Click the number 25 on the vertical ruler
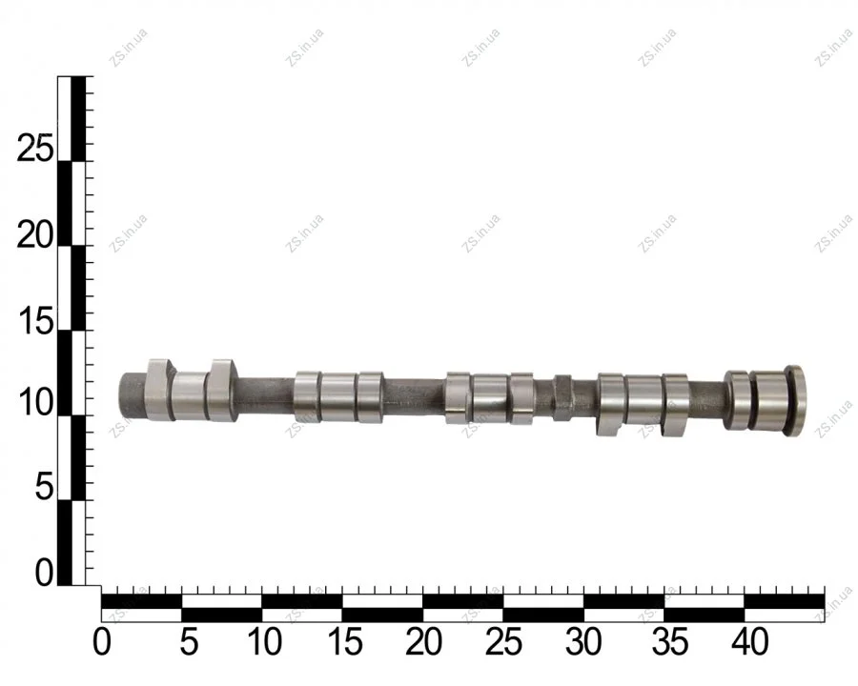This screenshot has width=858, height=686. [35, 148]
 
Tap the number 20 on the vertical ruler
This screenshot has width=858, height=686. [35, 235]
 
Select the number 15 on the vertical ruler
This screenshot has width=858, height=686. [36, 320]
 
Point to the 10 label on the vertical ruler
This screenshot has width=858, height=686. [36, 403]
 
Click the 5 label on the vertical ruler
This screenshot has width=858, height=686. [45, 487]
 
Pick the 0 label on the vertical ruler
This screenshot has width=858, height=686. [45, 573]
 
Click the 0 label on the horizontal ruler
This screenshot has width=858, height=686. [101, 641]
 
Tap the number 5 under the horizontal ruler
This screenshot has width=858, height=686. [189, 641]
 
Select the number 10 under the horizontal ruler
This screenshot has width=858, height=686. [265, 641]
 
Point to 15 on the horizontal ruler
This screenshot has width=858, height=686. [345, 641]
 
